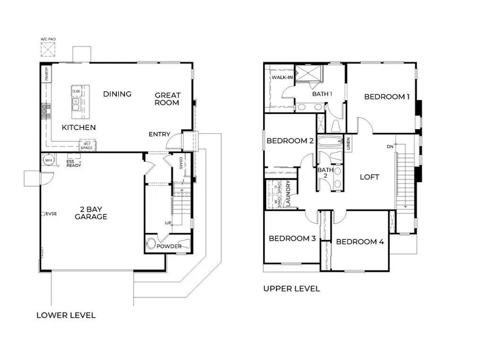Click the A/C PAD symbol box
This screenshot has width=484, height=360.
(48, 49)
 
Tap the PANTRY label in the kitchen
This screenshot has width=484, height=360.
(47, 73)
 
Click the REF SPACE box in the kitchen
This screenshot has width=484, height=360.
(87, 146)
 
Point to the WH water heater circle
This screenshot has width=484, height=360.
(48, 160)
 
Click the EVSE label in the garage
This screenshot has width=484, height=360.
(51, 214)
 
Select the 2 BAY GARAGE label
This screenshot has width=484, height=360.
(91, 213)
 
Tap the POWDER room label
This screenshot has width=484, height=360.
(169, 246)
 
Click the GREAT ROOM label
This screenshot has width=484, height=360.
(167, 99)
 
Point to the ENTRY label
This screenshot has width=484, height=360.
(159, 134)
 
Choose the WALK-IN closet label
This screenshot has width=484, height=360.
(282, 78)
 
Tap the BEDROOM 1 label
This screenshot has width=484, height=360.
(387, 97)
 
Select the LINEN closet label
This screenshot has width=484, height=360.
(348, 143)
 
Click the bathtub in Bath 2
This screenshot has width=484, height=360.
(329, 141)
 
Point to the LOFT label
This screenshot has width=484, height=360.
(370, 177)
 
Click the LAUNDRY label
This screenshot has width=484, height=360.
(288, 194)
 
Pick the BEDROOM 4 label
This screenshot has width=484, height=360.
(360, 242)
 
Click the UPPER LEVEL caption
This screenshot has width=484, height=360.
(292, 289)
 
